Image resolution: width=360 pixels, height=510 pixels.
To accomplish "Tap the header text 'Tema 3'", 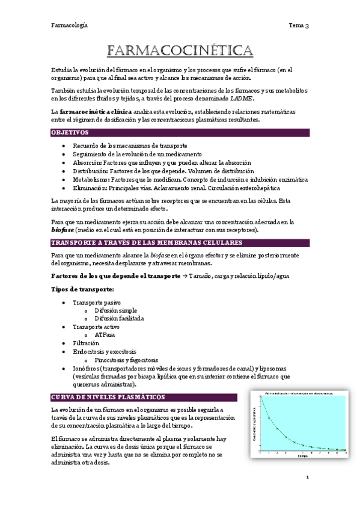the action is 299,25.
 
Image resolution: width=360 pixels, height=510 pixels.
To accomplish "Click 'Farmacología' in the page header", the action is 69,25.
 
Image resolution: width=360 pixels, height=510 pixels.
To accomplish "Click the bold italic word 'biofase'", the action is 64,230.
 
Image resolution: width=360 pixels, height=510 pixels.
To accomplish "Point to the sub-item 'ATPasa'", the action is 105,334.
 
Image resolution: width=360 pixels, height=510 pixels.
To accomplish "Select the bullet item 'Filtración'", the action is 87,343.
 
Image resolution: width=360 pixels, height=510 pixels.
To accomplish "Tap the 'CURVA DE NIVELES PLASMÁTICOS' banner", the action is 109,397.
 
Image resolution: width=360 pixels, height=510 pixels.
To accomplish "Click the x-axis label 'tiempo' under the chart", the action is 301,456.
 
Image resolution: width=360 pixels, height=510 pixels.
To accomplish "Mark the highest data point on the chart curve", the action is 260,401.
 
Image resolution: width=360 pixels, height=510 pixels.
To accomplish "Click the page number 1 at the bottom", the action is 307,478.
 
